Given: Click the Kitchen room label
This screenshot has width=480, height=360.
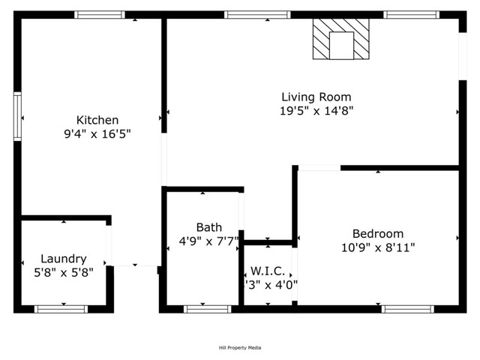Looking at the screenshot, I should click(97, 120).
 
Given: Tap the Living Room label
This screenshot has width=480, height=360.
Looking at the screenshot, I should click(316, 97).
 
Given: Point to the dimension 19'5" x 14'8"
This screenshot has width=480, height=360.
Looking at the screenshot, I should click(316, 111).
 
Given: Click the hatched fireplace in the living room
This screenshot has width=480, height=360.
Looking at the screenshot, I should click(341, 39).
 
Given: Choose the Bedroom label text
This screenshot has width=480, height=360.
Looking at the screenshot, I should click(378, 233).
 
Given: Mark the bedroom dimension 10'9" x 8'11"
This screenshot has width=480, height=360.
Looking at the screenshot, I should click(378, 247).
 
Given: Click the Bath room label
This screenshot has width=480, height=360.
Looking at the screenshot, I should click(208, 227).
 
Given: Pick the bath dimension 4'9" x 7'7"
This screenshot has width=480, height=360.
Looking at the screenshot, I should click(210, 241).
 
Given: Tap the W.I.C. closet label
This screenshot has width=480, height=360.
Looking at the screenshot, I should click(267, 270).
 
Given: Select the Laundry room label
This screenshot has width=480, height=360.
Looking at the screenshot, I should click(64, 259).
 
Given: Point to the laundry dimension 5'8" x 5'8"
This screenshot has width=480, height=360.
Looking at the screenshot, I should click(64, 273).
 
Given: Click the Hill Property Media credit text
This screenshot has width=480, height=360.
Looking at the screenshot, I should click(240, 347).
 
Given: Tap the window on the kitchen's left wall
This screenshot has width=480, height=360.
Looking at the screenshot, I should click(17, 116).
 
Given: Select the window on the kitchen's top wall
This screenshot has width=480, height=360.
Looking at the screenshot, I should click(100, 14).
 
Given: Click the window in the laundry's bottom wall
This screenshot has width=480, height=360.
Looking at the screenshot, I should click(61, 308).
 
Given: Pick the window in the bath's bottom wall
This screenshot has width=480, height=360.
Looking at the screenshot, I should click(208, 308).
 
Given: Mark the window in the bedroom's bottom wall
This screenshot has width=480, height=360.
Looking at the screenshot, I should click(407, 308).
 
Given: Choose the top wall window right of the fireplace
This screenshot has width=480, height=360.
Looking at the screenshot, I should click(411, 14).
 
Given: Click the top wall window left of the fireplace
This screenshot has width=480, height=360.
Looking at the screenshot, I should click(256, 14).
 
